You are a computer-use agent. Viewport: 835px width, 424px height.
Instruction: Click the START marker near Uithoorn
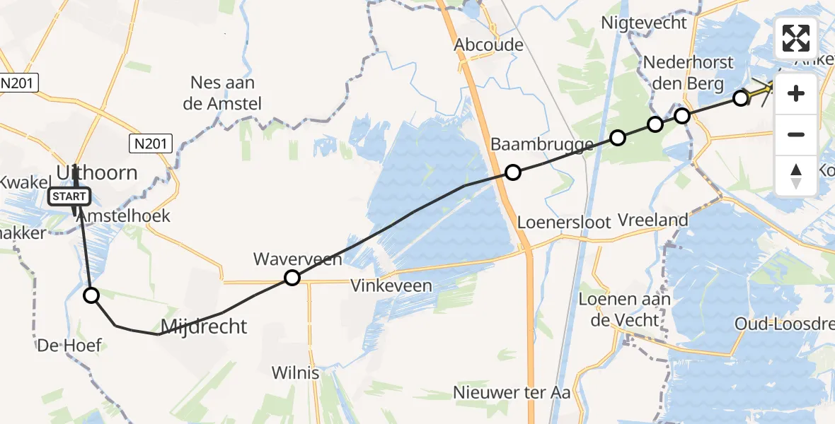click(69, 196)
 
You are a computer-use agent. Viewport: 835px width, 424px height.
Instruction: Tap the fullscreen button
click(796, 37)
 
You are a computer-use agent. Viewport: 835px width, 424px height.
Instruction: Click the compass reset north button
click(796, 175)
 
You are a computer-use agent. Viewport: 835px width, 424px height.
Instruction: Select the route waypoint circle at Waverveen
click(292, 278)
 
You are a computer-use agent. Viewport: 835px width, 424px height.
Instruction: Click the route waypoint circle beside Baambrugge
click(513, 172)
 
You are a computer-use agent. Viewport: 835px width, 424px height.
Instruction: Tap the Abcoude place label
click(489, 45)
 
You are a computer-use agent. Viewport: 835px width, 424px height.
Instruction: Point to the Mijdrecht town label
click(205, 326)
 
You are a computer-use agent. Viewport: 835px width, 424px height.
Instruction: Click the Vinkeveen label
click(391, 286)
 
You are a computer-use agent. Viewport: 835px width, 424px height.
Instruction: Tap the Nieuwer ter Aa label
click(513, 392)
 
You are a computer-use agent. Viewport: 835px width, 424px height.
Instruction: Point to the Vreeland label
click(652, 220)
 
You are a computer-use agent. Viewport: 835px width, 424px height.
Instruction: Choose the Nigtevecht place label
click(644, 23)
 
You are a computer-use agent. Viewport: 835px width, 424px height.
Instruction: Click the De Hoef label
click(69, 346)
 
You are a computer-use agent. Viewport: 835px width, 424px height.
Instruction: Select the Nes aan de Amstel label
click(226, 93)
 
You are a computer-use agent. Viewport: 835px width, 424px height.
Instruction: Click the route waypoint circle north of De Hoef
click(91, 295)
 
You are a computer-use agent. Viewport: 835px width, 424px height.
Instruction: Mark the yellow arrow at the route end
click(760, 91)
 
